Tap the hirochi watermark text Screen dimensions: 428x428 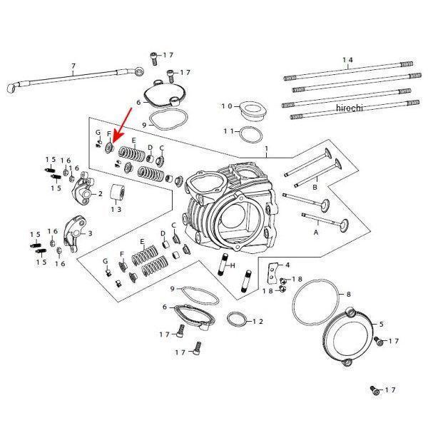coord(349,108)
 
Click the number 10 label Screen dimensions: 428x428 coord(226,106)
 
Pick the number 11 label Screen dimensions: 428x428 coord(228,131)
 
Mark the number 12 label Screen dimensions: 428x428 coord(257,322)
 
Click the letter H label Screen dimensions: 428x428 coord(233,265)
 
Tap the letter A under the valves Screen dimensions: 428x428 coord(317,233)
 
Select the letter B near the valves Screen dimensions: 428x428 coord(315,187)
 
